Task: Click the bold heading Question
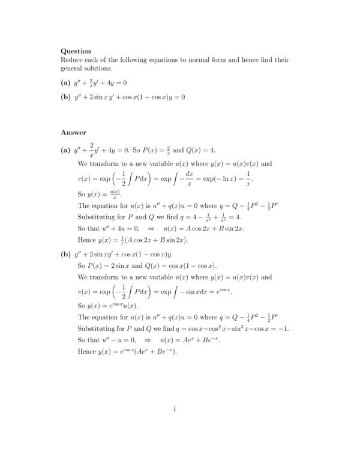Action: click(76, 52)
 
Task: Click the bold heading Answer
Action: click(73, 132)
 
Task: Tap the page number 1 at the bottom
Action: click(175, 410)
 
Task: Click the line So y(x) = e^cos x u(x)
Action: click(108, 306)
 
